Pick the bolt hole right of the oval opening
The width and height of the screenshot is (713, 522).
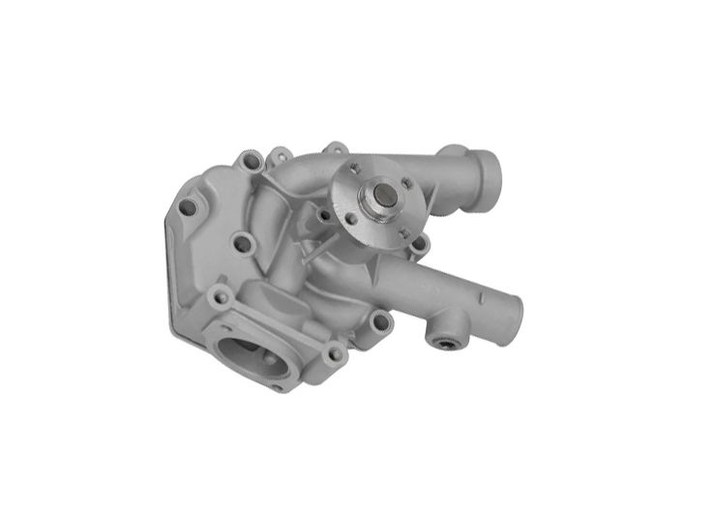335,354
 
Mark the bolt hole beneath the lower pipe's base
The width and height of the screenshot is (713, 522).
380,322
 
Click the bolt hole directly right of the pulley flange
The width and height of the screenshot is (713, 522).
419,244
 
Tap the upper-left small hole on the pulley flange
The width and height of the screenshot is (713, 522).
352,178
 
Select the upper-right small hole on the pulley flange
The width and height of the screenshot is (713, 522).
407,182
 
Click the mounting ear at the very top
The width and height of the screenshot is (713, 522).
335,149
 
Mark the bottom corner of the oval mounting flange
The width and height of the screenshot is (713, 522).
281,386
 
